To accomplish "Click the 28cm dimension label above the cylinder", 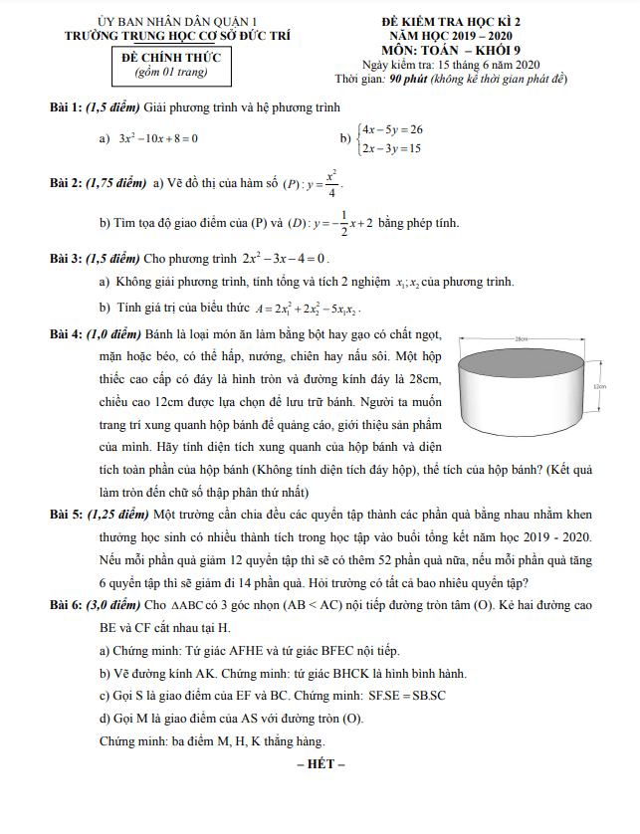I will click(x=520, y=339).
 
